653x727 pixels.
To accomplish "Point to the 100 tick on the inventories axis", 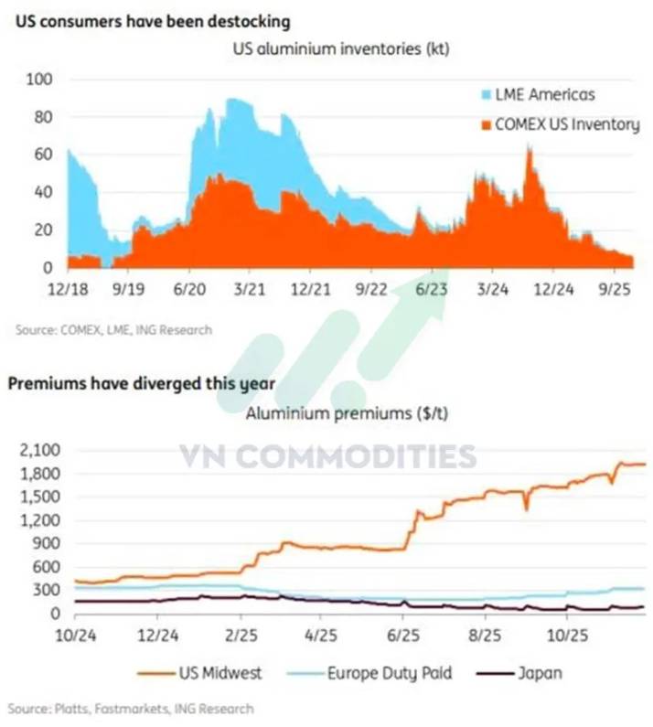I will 43,80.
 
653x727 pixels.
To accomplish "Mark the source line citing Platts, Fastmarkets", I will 131,708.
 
